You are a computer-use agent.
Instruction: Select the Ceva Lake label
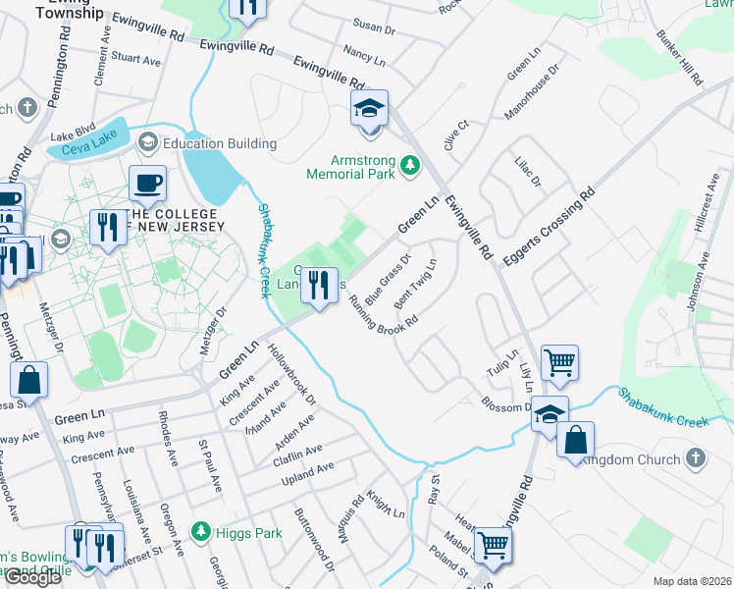click(x=89, y=149)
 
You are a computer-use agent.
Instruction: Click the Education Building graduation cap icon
click(x=147, y=143)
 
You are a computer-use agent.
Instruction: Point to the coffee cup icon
click(x=147, y=184)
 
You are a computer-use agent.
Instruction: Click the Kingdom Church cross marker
click(x=695, y=459)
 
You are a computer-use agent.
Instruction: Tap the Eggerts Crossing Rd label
click(x=549, y=227)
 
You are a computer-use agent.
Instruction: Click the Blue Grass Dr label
click(x=387, y=279)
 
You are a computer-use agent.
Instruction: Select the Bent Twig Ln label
click(x=416, y=286)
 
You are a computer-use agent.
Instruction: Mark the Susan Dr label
click(x=373, y=27)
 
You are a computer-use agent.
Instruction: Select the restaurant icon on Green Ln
click(x=318, y=286)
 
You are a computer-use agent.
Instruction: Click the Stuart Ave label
click(x=135, y=60)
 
